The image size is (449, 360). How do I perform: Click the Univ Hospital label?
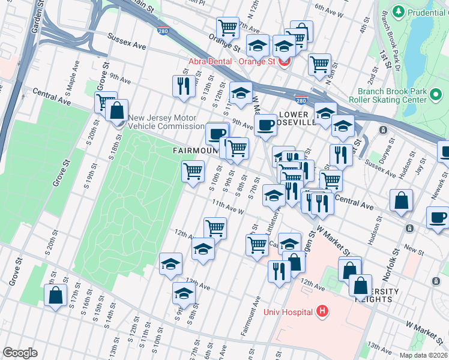tap(288, 311)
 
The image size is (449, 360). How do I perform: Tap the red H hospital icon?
tap(322, 311)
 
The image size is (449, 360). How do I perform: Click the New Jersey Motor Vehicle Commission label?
tap(166, 122)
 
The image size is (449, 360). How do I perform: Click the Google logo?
tap(20, 353)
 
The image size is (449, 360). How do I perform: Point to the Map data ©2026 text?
tap(423, 355)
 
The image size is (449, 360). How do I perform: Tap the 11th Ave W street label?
tap(227, 208)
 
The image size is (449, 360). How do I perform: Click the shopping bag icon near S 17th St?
tap(56, 295)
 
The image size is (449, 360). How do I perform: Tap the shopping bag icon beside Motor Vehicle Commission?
tap(118, 110)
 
